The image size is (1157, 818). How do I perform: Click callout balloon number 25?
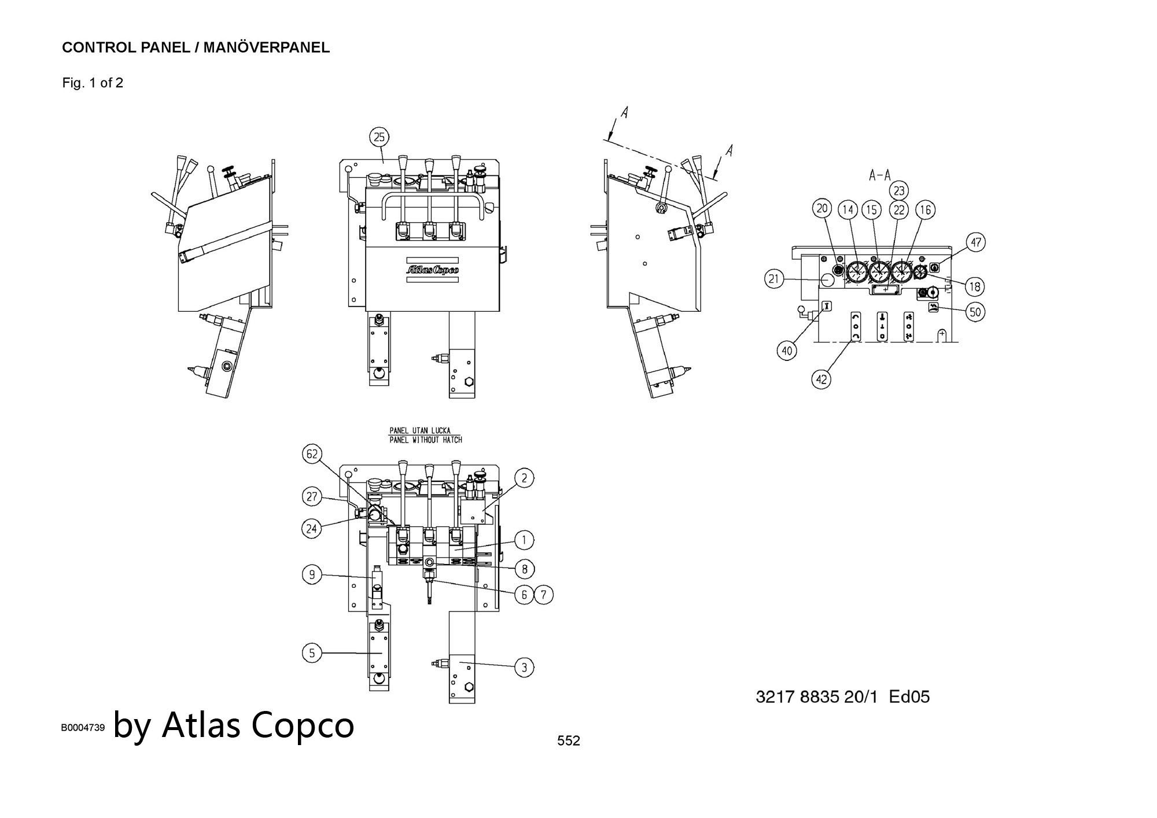(x=379, y=137)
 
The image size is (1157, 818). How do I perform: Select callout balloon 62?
(x=312, y=454)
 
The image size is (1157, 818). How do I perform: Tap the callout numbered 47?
(x=976, y=242)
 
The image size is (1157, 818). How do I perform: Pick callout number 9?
(x=312, y=574)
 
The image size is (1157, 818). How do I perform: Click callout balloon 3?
(x=524, y=668)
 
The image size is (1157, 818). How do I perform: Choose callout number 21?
(x=774, y=279)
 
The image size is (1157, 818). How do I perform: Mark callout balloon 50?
(x=975, y=312)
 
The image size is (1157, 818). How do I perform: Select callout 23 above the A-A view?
(x=899, y=190)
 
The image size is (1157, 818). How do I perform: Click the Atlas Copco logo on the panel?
(x=432, y=270)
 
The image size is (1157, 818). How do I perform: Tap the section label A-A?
(x=880, y=175)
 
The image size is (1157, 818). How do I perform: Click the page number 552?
(x=568, y=740)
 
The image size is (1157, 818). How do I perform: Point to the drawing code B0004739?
(x=83, y=728)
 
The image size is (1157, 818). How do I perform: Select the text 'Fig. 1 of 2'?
(x=93, y=83)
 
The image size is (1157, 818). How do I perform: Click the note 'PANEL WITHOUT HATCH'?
(x=426, y=440)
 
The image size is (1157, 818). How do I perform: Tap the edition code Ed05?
(x=909, y=697)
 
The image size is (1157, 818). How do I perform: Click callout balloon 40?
(x=787, y=351)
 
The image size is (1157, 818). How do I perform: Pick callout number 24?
(x=312, y=528)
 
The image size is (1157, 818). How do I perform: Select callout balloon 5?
(x=312, y=653)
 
